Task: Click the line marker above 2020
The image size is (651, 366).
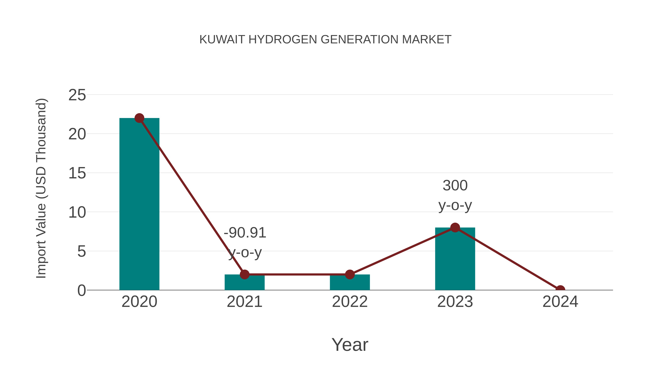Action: (139, 118)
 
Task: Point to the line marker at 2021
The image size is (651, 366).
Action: (244, 274)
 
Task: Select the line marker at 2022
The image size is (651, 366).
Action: (350, 274)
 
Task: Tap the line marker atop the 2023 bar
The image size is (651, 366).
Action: (455, 228)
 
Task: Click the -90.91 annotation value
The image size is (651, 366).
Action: (245, 233)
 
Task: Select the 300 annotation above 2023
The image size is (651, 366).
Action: (455, 186)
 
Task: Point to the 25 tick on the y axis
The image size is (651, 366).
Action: (77, 95)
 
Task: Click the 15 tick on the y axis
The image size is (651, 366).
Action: (77, 174)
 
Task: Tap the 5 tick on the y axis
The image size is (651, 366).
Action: (81, 252)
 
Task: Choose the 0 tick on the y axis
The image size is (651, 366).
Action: (81, 290)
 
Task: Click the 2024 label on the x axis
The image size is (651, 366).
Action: (560, 302)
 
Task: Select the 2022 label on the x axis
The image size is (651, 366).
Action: (350, 302)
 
